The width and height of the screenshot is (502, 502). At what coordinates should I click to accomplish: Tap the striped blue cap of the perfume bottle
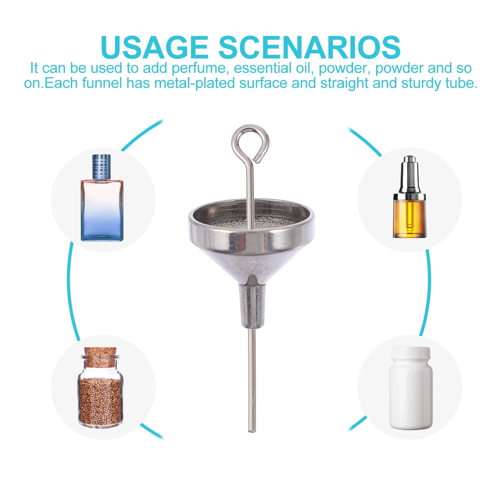[102, 166]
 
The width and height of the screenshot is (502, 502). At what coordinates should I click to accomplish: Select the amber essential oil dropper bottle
[409, 216]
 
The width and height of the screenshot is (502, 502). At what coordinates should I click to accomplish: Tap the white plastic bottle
[411, 395]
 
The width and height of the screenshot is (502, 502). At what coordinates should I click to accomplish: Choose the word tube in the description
[461, 83]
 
